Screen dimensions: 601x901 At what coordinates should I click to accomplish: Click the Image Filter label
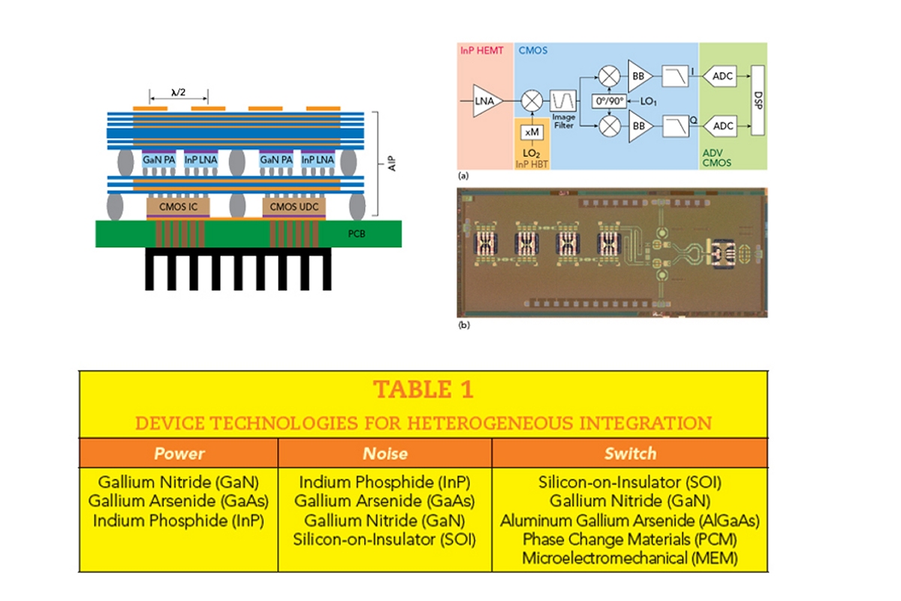(563, 121)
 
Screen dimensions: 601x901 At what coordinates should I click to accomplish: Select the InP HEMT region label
(481, 51)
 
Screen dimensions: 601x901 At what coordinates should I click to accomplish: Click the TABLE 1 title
(423, 390)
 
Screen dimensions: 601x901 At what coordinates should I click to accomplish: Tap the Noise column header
(384, 454)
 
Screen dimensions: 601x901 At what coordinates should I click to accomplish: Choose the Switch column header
(629, 454)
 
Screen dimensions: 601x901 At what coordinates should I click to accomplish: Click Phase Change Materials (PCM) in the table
(629, 539)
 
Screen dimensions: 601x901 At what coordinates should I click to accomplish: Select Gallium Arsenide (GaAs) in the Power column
(179, 501)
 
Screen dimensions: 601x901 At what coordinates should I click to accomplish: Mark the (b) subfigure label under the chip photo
(464, 326)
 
